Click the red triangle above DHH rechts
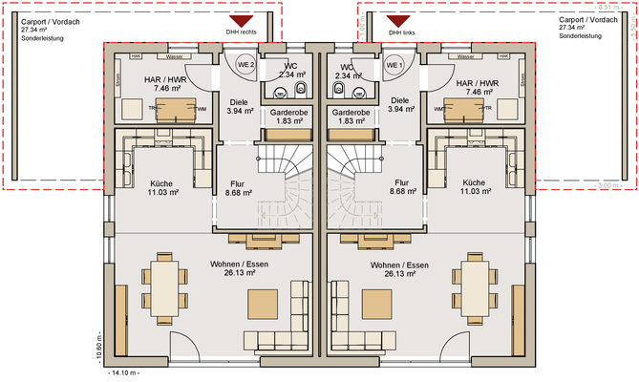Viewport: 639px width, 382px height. pyautogui.click(x=241, y=20)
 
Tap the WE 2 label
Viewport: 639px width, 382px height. pyautogui.click(x=245, y=65)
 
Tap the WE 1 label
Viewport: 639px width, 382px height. pyautogui.click(x=394, y=65)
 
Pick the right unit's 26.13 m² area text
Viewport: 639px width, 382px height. pyautogui.click(x=399, y=274)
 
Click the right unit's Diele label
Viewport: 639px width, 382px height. pyautogui.click(x=400, y=100)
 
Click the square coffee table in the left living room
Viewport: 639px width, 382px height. pyautogui.click(x=263, y=304)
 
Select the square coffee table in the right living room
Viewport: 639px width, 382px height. pyautogui.click(x=375, y=304)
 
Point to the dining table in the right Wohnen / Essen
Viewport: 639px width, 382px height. pyautogui.click(x=475, y=285)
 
